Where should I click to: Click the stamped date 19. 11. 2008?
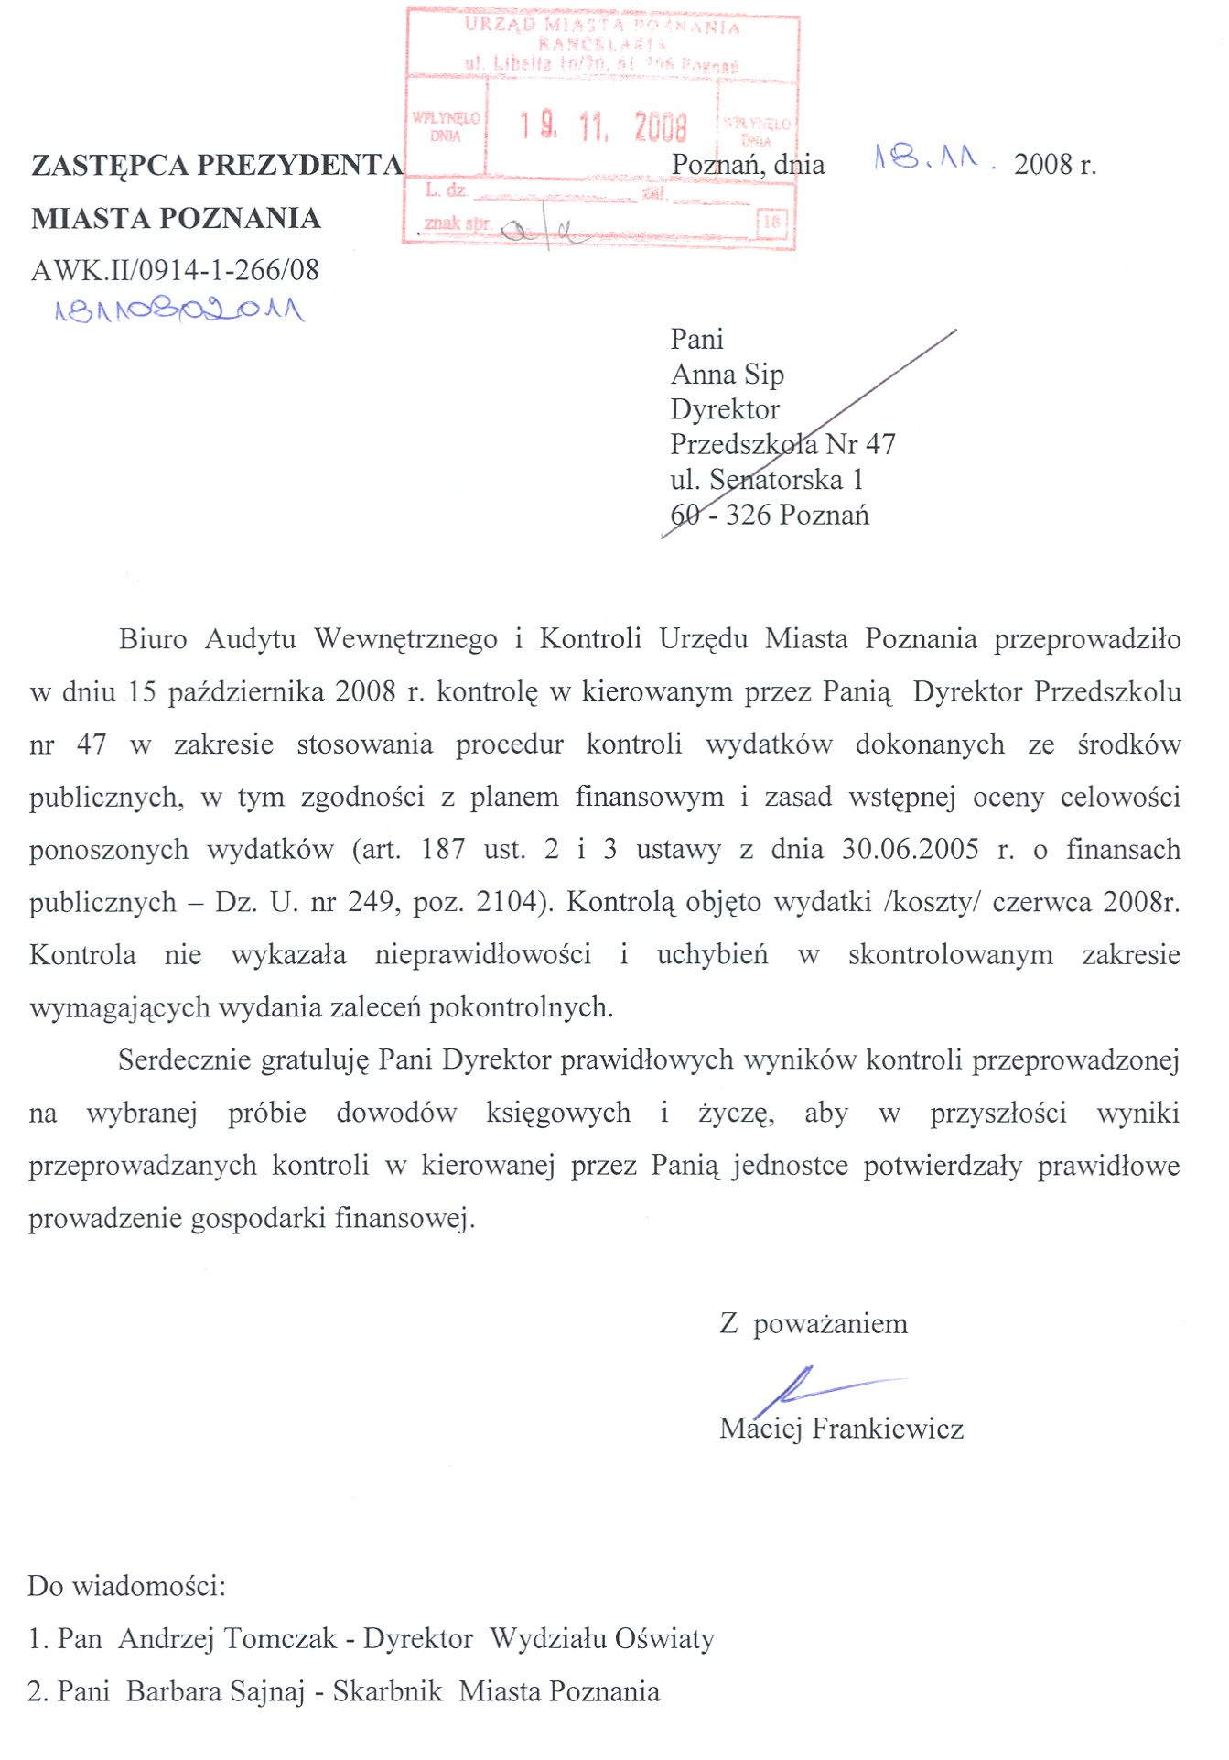click(603, 126)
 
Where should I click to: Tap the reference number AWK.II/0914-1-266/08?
click(175, 270)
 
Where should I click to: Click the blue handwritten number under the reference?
click(179, 310)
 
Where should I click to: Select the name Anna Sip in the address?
click(728, 375)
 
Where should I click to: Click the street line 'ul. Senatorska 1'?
click(767, 480)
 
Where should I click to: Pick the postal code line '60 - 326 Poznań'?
click(770, 516)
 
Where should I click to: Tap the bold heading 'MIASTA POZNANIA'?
click(176, 218)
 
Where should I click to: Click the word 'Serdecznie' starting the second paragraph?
click(183, 1060)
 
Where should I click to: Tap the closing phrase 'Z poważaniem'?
click(814, 1324)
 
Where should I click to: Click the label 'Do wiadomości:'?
click(126, 1586)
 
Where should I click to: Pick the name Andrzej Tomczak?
click(227, 1639)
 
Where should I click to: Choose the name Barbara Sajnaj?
click(215, 1691)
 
